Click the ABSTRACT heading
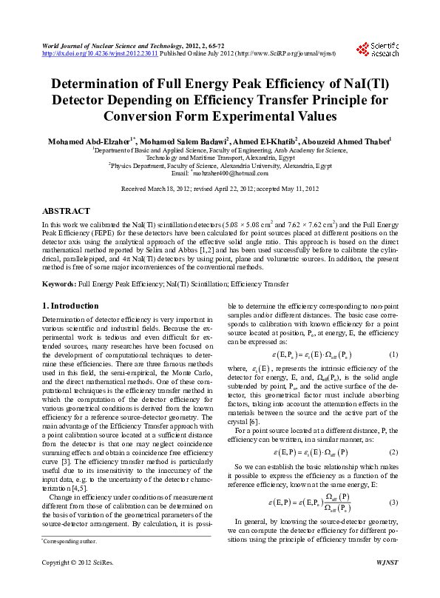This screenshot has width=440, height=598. [x=67, y=211]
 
